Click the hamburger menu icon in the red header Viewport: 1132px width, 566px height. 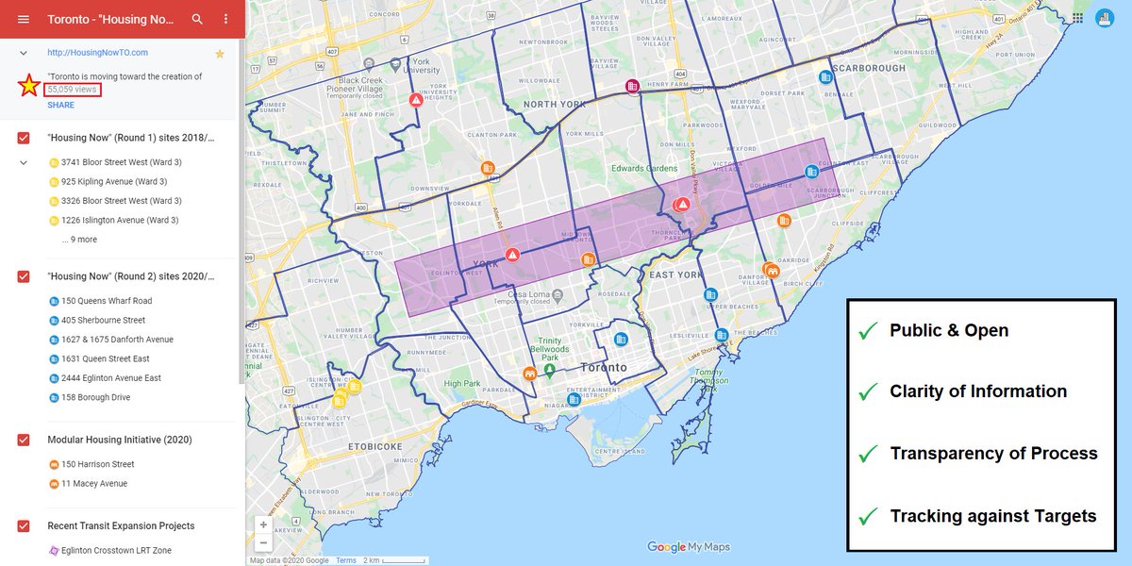pos(23,19)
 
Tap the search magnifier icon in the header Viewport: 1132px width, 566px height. pos(197,19)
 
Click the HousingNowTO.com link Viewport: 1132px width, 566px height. pos(97,53)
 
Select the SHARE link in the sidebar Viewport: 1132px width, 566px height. pos(60,105)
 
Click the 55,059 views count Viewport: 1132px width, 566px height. pos(73,89)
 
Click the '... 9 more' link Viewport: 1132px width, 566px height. pos(79,240)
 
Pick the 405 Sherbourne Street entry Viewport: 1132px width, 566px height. pos(103,321)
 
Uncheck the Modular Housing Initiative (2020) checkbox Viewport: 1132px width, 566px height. pos(24,441)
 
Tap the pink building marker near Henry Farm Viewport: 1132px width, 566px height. pos(633,87)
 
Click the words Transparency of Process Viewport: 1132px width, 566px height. pos(993,454)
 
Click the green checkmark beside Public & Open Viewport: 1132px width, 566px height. pos(866,331)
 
